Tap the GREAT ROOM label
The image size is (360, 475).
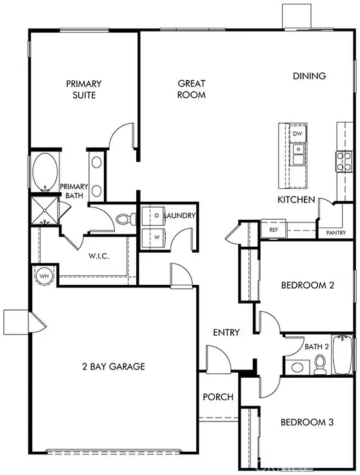(x=192, y=89)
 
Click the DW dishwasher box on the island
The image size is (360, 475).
(x=297, y=133)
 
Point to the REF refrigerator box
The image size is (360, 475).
(x=273, y=229)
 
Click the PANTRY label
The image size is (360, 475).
(x=335, y=233)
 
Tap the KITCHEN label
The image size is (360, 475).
(x=296, y=200)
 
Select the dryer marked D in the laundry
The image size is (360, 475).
(x=156, y=215)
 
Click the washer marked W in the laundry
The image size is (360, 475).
(x=156, y=237)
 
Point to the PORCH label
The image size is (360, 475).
(x=217, y=397)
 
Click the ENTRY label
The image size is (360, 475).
(x=226, y=333)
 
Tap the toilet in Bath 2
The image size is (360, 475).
(x=319, y=366)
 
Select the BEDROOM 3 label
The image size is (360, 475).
(x=306, y=423)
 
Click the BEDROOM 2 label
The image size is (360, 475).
(x=306, y=286)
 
